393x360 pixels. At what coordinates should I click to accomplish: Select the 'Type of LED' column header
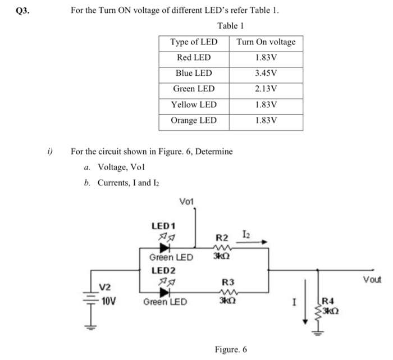(x=194, y=42)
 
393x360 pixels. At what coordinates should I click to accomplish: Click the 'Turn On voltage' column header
(x=266, y=42)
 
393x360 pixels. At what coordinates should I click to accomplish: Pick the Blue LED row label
(x=194, y=73)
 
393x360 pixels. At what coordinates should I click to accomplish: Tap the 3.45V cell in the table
(x=266, y=73)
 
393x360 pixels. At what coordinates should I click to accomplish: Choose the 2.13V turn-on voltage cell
(x=266, y=89)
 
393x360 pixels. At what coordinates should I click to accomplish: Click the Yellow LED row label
(x=194, y=104)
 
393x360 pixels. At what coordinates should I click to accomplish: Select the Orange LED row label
(x=194, y=120)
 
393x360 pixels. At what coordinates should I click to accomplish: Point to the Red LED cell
(x=194, y=58)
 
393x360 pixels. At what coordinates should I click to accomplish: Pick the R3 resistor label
(x=228, y=281)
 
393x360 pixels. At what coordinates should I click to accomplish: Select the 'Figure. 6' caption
(x=231, y=349)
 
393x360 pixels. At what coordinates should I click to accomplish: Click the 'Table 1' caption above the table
(x=230, y=26)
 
